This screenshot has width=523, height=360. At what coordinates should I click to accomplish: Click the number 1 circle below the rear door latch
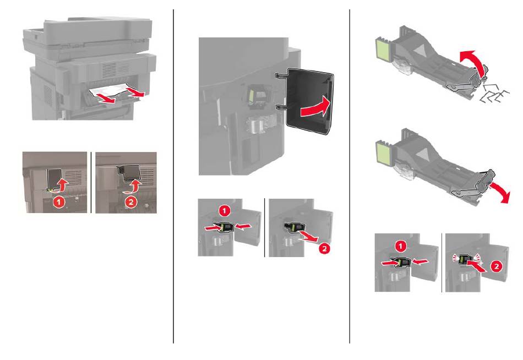click(59, 201)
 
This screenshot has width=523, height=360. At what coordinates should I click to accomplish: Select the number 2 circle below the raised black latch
click(131, 201)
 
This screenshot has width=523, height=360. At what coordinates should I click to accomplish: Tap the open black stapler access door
click(310, 101)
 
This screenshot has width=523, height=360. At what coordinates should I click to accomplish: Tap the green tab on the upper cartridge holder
click(382, 50)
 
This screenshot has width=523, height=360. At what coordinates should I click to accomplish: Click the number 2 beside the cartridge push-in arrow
click(497, 266)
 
